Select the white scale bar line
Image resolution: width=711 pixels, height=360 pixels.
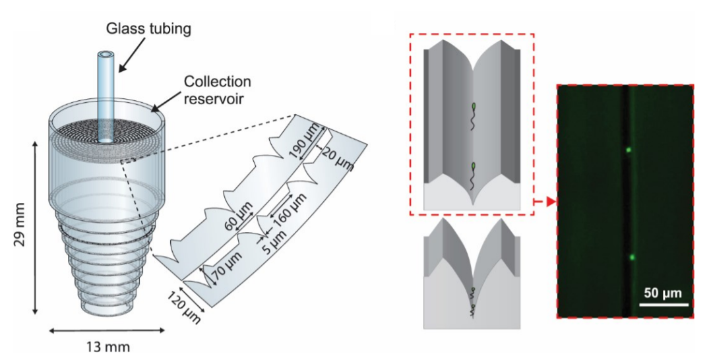(664, 304)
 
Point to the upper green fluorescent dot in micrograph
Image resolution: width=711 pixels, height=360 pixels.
(627, 150)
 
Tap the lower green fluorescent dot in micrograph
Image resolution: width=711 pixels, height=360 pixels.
(631, 257)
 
